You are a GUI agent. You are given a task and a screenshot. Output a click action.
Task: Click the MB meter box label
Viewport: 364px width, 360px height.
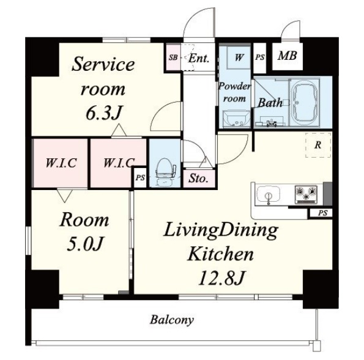click(x=288, y=56)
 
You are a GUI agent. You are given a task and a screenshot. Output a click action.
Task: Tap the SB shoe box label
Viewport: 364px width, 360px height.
click(x=173, y=57)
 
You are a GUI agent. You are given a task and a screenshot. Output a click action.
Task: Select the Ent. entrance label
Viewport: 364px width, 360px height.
click(x=199, y=58)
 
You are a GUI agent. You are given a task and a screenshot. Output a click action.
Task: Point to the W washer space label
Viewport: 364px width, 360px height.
click(x=239, y=57)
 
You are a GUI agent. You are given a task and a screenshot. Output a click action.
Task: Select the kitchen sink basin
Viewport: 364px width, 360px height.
click(x=269, y=194)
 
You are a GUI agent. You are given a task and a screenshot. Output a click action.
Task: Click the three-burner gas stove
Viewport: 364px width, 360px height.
click(x=306, y=194)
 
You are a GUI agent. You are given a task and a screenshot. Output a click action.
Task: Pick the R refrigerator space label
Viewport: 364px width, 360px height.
click(x=318, y=145)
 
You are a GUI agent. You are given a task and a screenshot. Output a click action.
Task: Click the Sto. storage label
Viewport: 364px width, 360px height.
click(x=198, y=178)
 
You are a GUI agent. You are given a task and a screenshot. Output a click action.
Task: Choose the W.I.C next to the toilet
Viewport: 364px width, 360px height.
click(x=119, y=163)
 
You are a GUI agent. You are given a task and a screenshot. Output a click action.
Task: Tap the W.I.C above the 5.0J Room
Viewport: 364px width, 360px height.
click(x=61, y=163)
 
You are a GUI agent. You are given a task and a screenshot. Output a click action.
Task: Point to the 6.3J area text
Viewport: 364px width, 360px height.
click(x=103, y=112)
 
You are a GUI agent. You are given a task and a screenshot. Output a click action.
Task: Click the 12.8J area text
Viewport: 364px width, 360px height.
click(x=221, y=278)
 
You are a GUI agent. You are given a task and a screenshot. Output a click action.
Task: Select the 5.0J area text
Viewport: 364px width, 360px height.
click(x=84, y=244)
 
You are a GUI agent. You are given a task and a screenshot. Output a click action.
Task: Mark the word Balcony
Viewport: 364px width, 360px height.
click(x=171, y=320)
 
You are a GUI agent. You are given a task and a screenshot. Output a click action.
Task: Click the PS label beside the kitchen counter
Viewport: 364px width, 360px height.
click(x=322, y=213)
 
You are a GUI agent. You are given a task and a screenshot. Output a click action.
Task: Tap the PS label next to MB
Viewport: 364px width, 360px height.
click(x=260, y=57)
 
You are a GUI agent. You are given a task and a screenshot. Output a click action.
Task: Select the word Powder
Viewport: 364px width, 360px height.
click(x=234, y=87)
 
